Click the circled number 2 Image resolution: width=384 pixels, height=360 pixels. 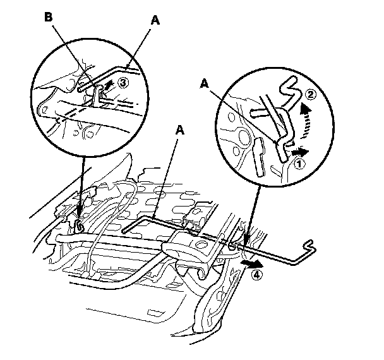point(310,95)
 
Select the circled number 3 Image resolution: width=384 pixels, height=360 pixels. point(124,83)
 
